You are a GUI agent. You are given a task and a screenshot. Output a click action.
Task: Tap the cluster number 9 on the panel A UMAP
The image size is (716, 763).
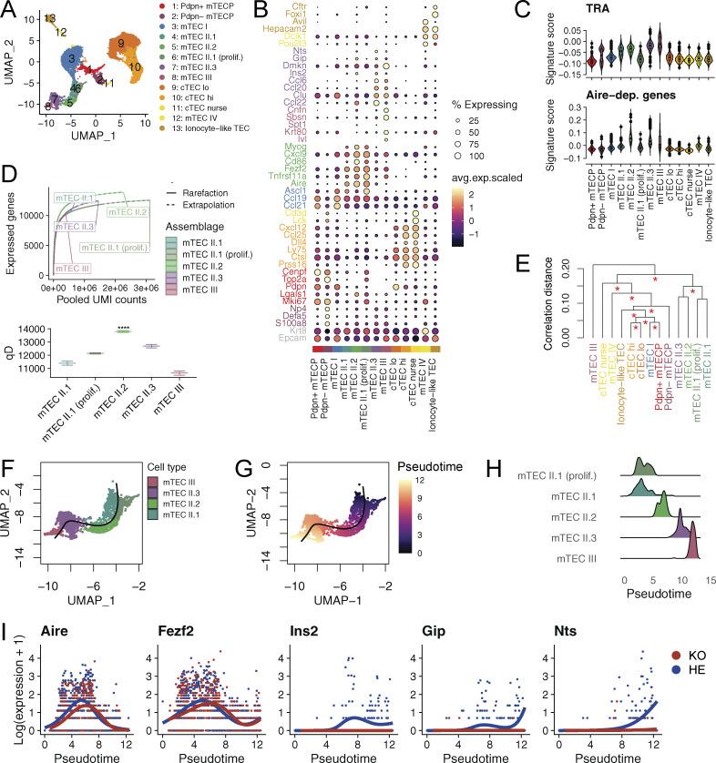click(x=120, y=43)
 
